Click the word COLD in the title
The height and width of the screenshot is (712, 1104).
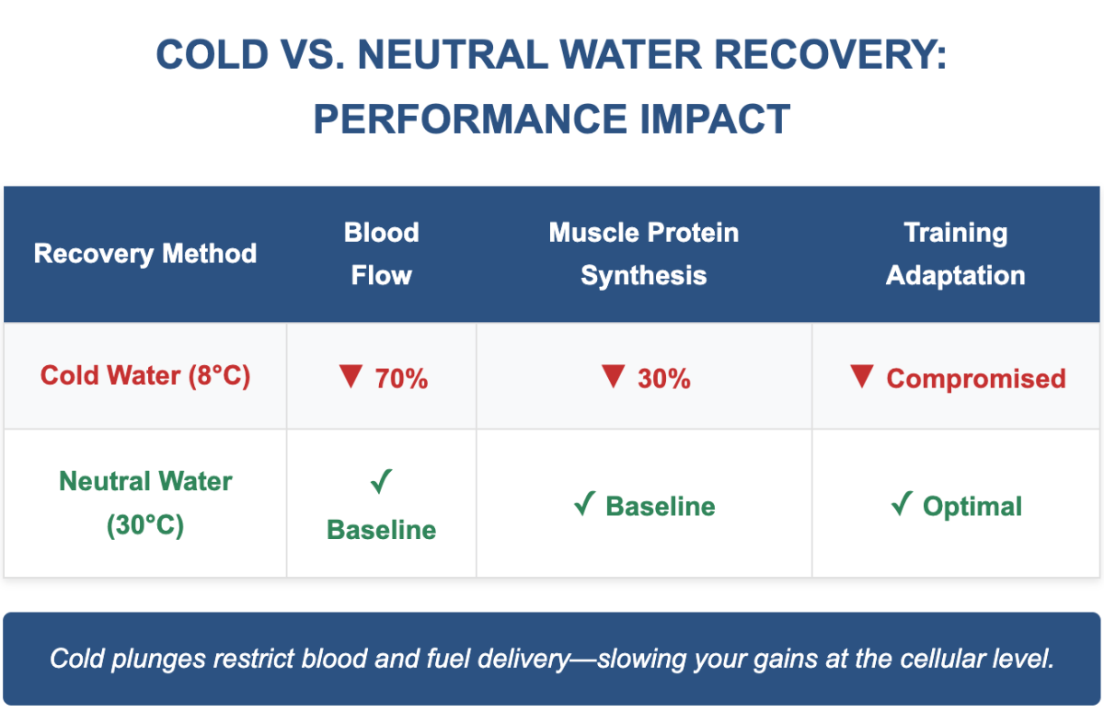[213, 54]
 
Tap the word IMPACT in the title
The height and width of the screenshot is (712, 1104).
[715, 120]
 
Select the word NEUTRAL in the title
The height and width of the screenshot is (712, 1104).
[453, 54]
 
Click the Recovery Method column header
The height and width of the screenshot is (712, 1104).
[145, 254]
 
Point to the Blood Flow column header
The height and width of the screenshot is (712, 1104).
[382, 254]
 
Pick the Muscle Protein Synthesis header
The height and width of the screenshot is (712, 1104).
[644, 254]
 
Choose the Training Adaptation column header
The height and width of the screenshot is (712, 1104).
[955, 254]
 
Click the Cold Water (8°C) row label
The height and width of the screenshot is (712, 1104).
[145, 376]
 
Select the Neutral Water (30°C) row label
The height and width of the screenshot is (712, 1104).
[145, 503]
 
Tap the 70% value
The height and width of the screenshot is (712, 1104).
[401, 379]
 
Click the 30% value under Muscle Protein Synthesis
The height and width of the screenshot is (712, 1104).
[664, 379]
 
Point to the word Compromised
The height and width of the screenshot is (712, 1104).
[976, 379]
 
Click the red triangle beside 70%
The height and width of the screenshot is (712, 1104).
[351, 375]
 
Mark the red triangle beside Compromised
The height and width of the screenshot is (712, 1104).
[862, 375]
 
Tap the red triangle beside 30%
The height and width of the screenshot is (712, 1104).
[614, 375]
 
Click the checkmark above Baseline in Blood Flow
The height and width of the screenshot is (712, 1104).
[381, 481]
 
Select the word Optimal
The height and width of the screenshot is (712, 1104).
[972, 507]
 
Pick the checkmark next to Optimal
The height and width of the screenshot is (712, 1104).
[902, 503]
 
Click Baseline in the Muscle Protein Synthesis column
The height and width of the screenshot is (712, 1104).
[661, 507]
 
